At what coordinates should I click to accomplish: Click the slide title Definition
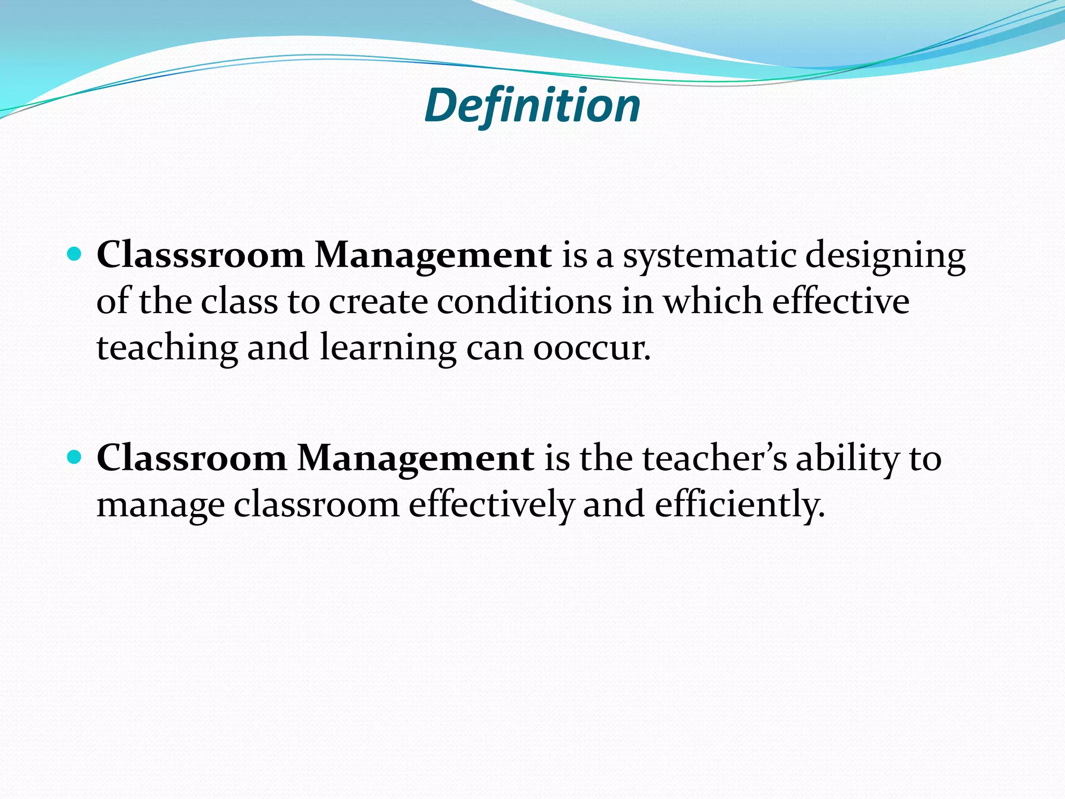tap(532, 106)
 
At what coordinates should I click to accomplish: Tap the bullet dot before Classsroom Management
tap(75, 254)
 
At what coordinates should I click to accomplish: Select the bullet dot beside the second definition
tap(75, 457)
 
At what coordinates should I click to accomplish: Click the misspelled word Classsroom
tap(200, 255)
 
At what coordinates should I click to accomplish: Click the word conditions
tap(524, 302)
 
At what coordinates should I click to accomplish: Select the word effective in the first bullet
tap(841, 301)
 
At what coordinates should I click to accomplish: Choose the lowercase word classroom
tap(316, 505)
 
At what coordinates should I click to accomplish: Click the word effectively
tap(491, 505)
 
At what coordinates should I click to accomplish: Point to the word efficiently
tap(739, 505)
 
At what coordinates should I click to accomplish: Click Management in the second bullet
tap(415, 458)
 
